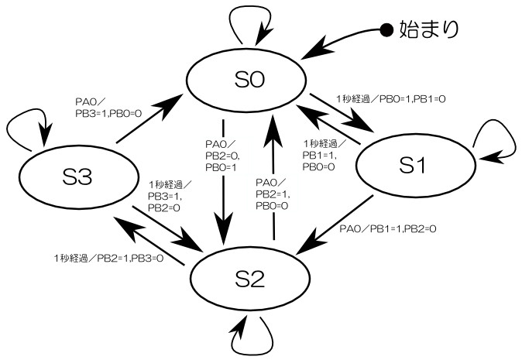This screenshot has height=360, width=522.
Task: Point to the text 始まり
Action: click(429, 30)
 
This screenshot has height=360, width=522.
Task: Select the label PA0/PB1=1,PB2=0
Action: click(388, 228)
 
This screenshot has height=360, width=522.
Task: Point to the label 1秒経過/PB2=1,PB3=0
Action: click(108, 258)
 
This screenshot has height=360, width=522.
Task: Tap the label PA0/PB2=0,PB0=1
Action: click(222, 156)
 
